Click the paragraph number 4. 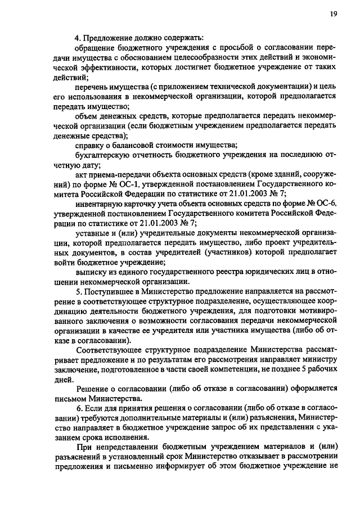coord(78,38)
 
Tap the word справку coord(89,145)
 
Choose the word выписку coord(91,271)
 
